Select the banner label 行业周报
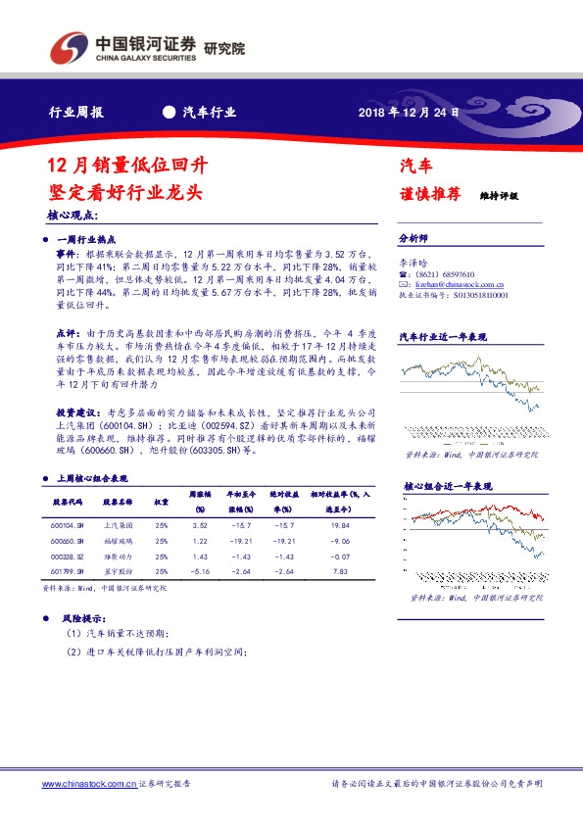(76, 112)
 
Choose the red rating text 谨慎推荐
(429, 193)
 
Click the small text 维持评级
(499, 196)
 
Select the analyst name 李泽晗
(413, 263)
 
